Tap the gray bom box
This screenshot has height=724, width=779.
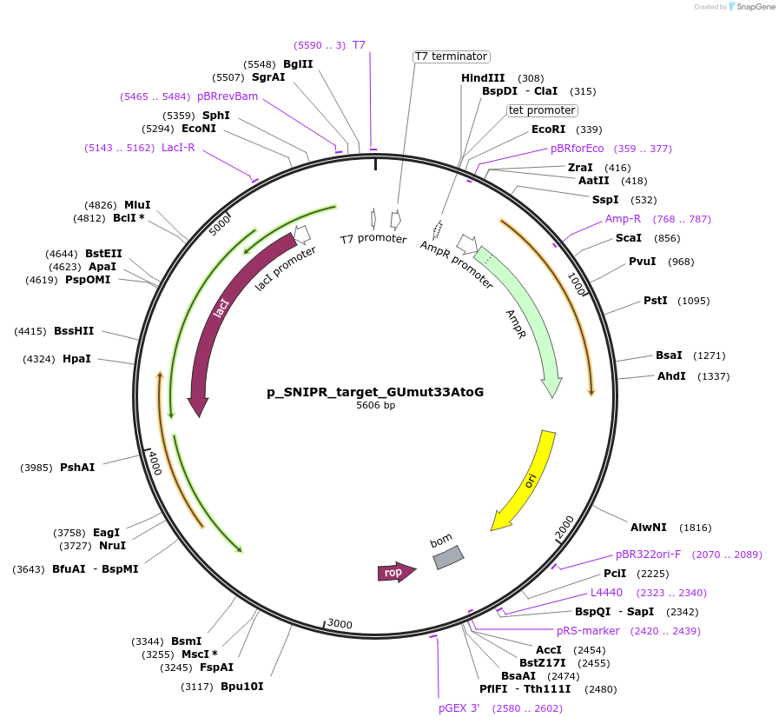click(448, 557)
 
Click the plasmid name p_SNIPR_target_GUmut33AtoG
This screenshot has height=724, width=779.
click(375, 392)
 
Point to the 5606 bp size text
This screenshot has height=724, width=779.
click(375, 405)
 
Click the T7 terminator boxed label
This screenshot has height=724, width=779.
click(451, 56)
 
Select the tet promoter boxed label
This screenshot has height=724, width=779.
click(542, 110)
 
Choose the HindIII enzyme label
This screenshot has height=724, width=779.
click(483, 78)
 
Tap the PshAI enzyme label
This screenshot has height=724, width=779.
click(77, 468)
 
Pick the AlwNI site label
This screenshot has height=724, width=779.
click(649, 528)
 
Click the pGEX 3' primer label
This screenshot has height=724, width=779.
click(459, 708)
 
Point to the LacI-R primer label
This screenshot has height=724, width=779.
click(178, 148)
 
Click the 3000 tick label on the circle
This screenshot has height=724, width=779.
click(340, 624)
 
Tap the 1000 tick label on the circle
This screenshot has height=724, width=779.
click(577, 283)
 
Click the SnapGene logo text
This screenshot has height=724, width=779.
click(752, 6)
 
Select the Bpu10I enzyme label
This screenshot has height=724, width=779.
click(241, 687)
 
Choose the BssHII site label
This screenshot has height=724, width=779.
click(74, 331)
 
